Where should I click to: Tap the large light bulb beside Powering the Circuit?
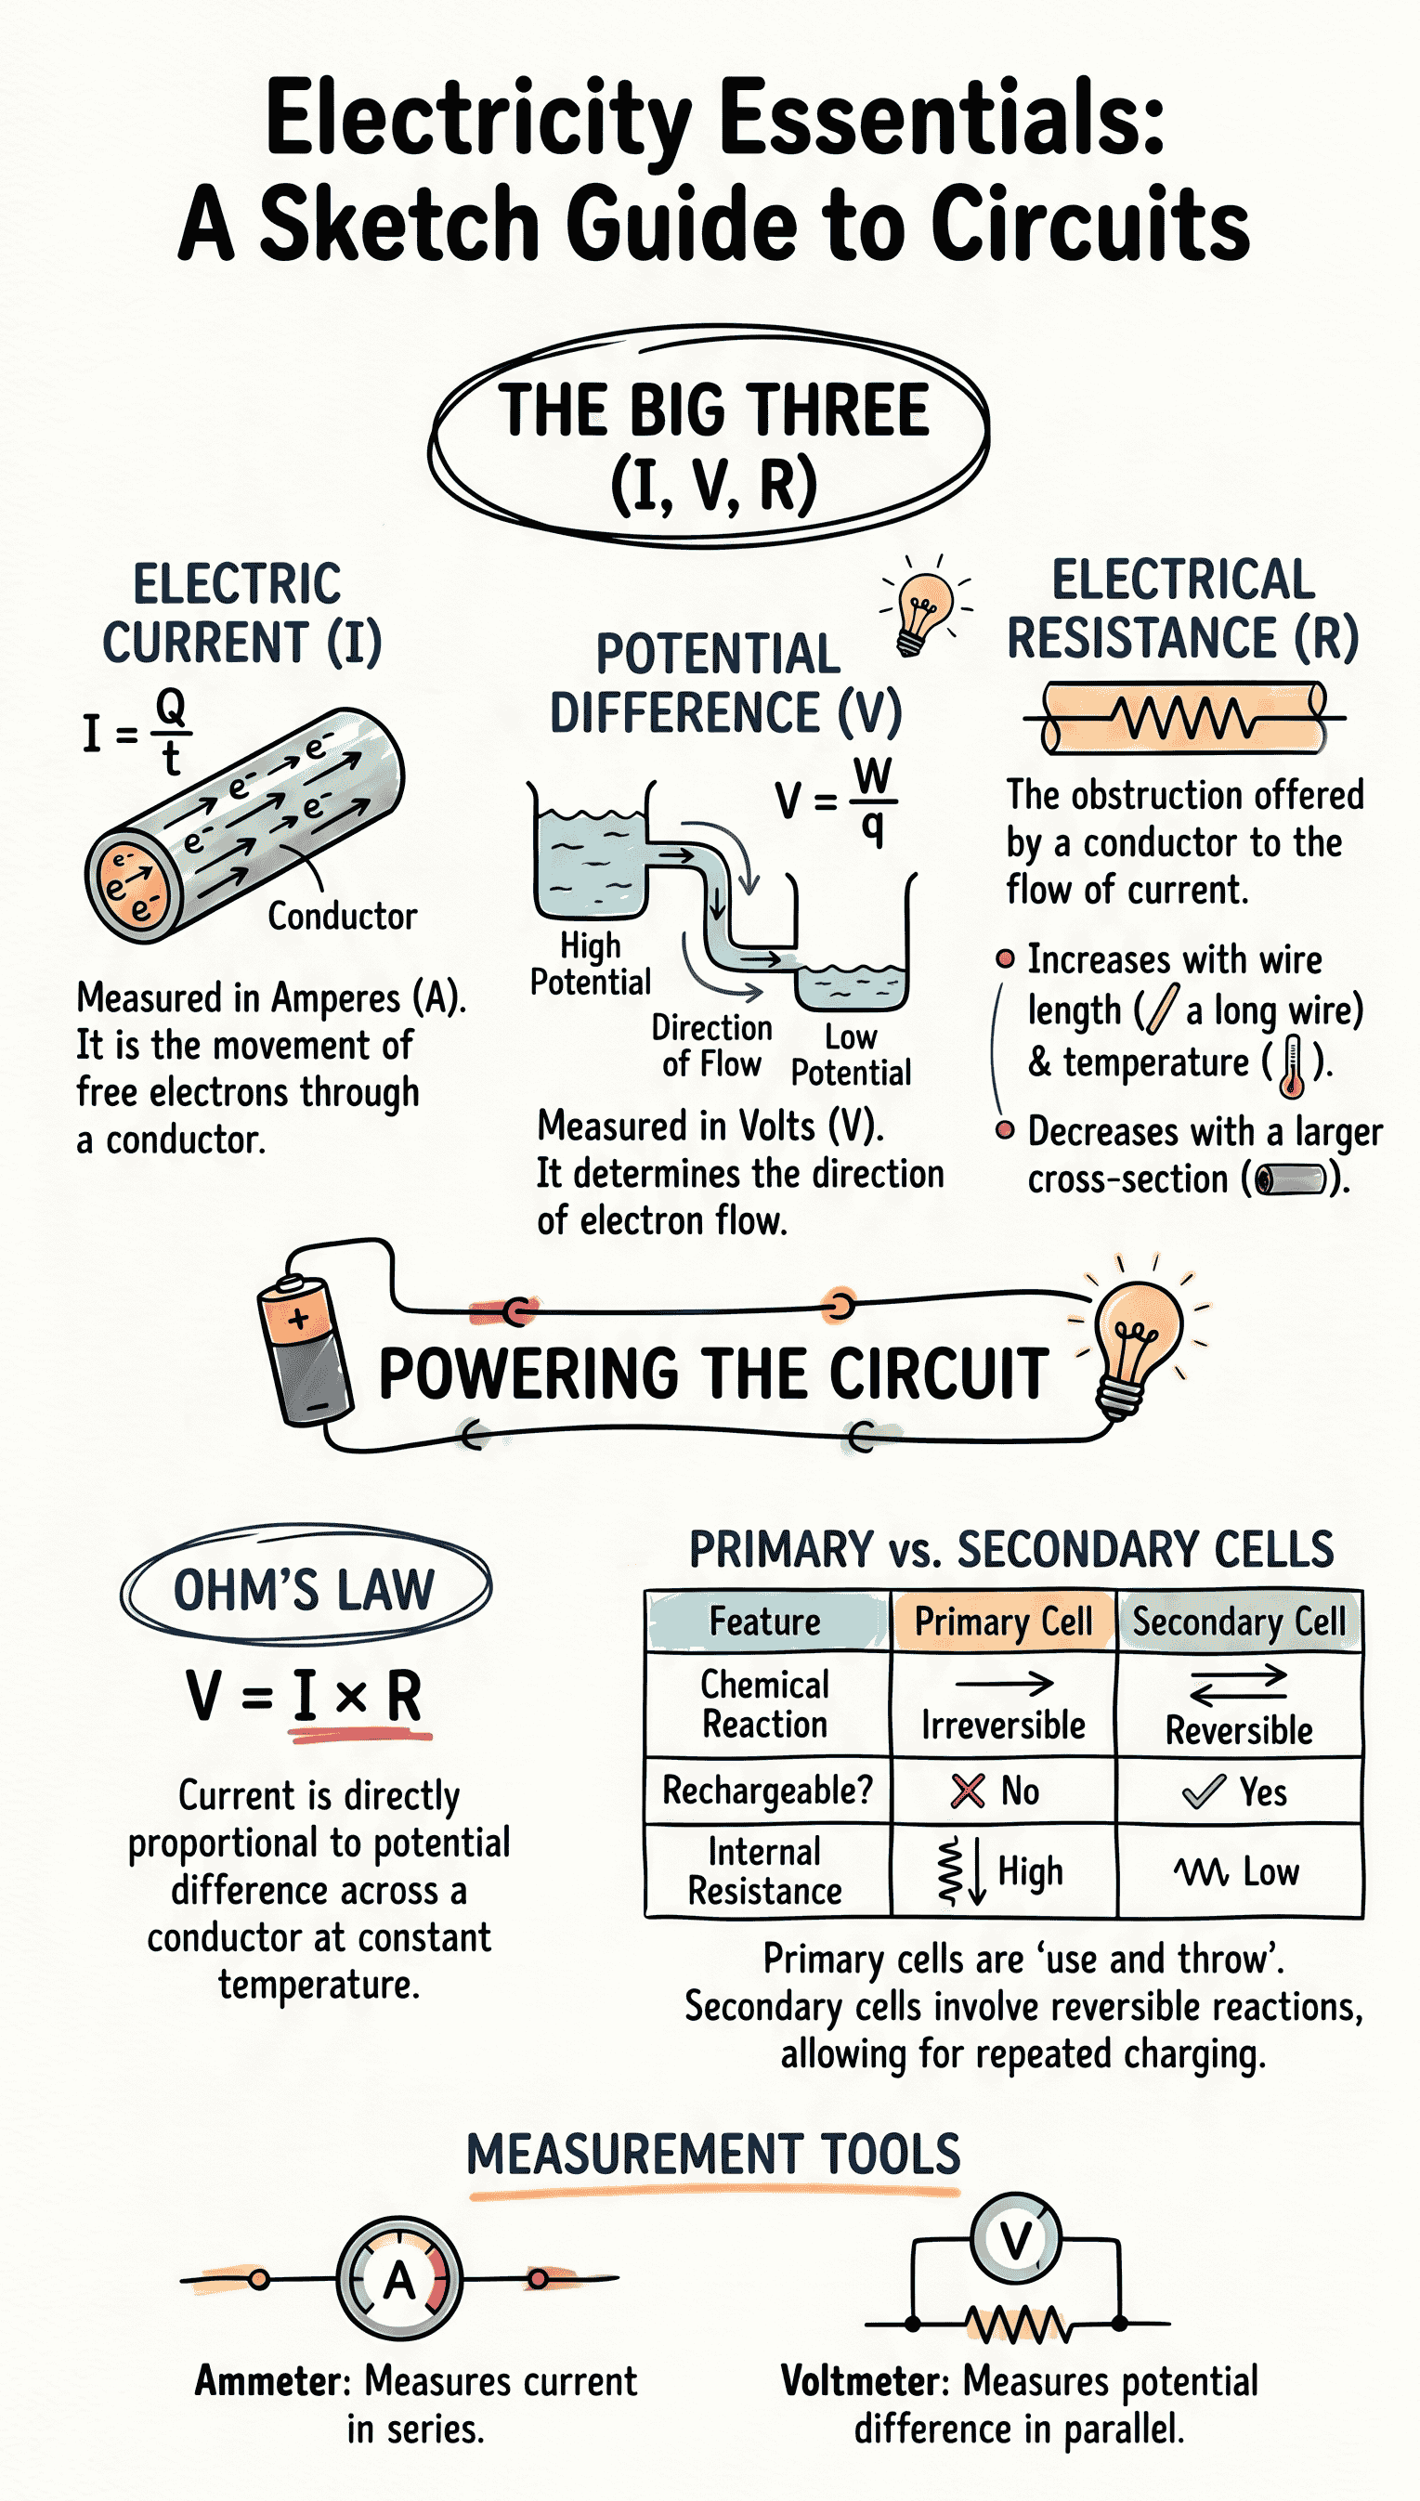[1135, 1342]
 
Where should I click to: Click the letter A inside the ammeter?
[399, 2280]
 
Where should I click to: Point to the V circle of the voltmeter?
[1015, 2239]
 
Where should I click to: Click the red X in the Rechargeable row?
[967, 1791]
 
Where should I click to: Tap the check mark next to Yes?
[1203, 1791]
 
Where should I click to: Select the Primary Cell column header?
[1003, 1622]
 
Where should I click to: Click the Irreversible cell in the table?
[1003, 1725]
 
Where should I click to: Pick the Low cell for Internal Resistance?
[1239, 1871]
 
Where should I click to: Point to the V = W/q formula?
[837, 801]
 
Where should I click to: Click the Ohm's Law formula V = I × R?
[305, 1696]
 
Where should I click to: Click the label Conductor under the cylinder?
[343, 916]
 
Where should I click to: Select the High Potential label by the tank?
[590, 963]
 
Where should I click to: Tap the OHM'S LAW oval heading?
[305, 1589]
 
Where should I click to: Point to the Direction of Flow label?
[712, 1045]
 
